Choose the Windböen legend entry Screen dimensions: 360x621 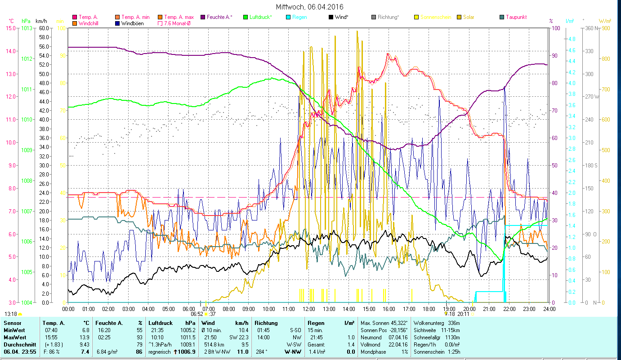click(x=133, y=23)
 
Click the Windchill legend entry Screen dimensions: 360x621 click(x=89, y=23)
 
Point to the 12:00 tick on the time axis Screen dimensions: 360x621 click(x=309, y=309)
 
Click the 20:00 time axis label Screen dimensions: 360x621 click(x=469, y=309)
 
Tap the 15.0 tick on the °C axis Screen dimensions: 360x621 click(x=10, y=28)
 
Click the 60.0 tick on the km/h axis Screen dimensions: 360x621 click(x=44, y=28)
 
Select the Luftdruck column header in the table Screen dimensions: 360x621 click(x=160, y=323)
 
